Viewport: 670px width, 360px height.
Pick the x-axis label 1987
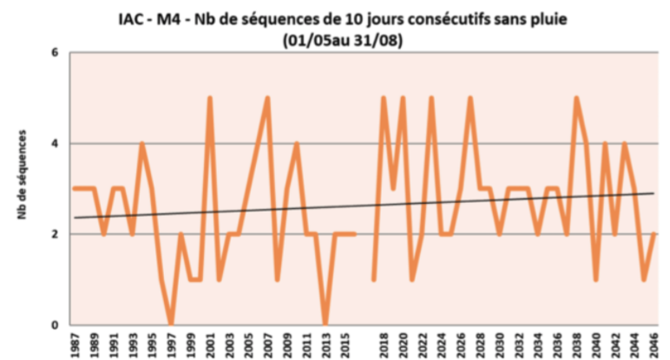(76, 344)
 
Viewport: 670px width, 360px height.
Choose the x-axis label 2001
(210, 344)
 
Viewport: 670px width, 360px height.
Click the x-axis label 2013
(325, 344)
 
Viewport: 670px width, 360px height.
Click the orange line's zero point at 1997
(171, 324)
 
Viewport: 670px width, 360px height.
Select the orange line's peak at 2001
(210, 99)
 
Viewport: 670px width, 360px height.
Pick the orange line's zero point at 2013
(325, 324)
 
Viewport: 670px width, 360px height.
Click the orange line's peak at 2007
(267, 99)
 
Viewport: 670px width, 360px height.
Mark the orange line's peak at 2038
(576, 99)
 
